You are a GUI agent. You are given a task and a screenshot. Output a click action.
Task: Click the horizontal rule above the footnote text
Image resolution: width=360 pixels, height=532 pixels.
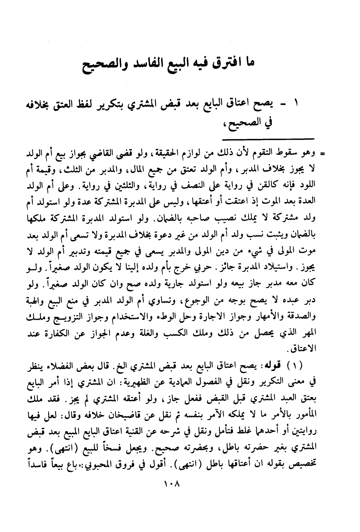click(268, 138)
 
